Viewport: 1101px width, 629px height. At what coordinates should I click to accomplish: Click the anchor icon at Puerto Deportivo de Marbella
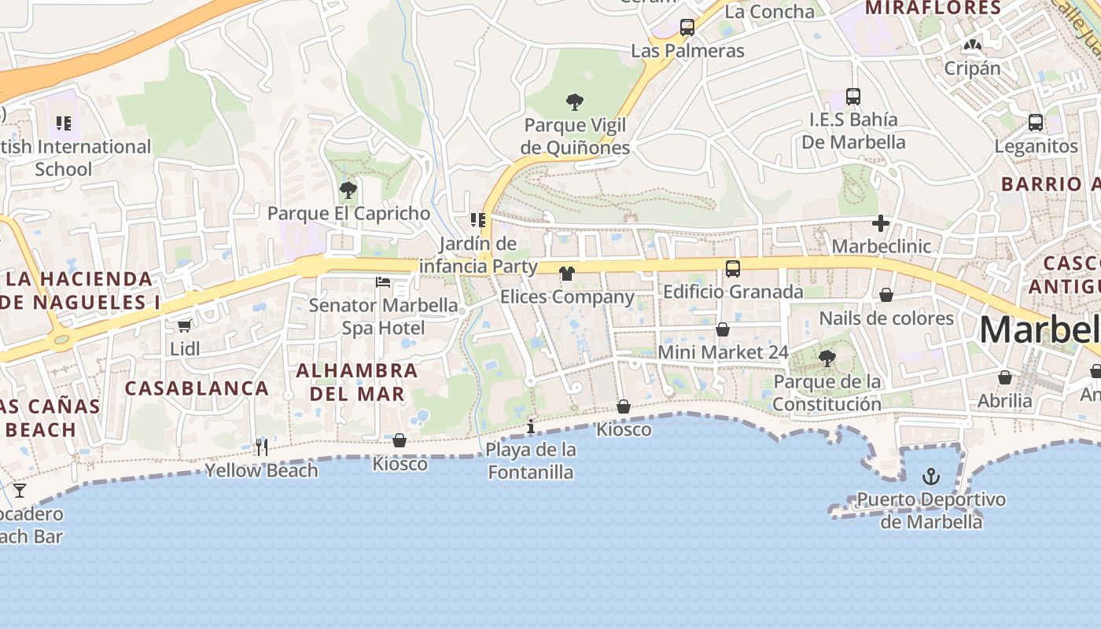click(x=930, y=476)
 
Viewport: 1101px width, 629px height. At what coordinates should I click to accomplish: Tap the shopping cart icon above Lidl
click(x=184, y=326)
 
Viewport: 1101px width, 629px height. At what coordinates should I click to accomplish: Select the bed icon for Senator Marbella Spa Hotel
click(x=383, y=282)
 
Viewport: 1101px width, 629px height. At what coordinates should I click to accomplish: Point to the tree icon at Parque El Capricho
click(x=348, y=190)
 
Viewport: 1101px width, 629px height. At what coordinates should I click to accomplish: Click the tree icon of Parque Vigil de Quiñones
click(x=575, y=101)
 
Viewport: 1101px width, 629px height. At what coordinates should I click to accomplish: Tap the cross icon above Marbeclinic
click(x=881, y=224)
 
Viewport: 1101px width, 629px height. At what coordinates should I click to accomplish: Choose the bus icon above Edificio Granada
click(x=733, y=269)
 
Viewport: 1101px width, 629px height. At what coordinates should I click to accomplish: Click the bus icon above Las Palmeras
click(x=687, y=28)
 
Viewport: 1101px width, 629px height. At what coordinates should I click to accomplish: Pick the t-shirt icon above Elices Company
click(x=566, y=274)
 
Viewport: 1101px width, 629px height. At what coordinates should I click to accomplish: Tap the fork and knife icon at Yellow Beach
click(x=262, y=447)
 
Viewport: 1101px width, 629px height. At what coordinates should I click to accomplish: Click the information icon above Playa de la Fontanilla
click(x=531, y=427)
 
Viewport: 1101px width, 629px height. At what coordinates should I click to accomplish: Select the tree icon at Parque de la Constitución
click(x=827, y=359)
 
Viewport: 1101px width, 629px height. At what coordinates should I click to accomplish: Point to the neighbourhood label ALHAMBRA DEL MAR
click(x=357, y=381)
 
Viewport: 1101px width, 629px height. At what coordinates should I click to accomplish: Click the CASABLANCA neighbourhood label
click(x=197, y=388)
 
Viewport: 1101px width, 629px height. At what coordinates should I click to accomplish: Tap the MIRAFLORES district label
click(x=933, y=9)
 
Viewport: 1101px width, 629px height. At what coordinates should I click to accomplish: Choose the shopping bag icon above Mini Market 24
click(x=723, y=329)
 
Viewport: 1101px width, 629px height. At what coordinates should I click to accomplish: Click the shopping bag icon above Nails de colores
click(x=886, y=296)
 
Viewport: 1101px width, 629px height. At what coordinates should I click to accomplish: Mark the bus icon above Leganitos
click(x=1036, y=123)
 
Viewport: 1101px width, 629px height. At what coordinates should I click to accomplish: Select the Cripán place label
click(x=972, y=68)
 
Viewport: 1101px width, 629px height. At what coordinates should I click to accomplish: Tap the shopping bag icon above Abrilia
click(x=1005, y=378)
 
